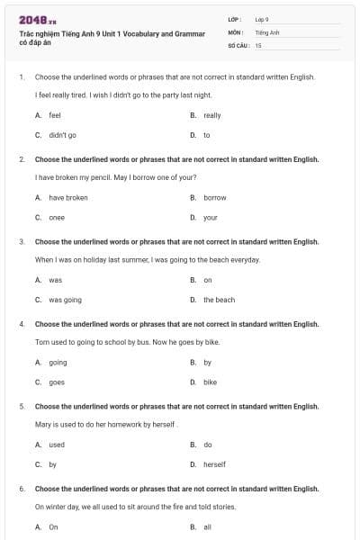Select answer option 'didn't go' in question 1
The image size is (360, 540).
pos(62,135)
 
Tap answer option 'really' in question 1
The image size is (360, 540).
pos(211,115)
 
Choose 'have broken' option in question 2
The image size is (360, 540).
pos(68,197)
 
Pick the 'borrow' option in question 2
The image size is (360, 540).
pos(214,197)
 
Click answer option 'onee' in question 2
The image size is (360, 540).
pos(56,217)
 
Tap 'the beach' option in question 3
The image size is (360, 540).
pos(219,300)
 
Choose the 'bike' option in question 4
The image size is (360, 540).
pos(210,382)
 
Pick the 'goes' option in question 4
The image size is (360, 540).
pos(56,382)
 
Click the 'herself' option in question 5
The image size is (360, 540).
pos(214,464)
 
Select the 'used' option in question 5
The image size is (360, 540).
pos(57,445)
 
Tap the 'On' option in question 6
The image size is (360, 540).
pos(53,526)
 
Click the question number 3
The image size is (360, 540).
pos(22,242)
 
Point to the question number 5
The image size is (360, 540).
pos(22,407)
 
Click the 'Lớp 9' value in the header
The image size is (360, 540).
pos(262,19)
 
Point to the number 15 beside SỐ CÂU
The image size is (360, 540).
pos(258,44)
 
